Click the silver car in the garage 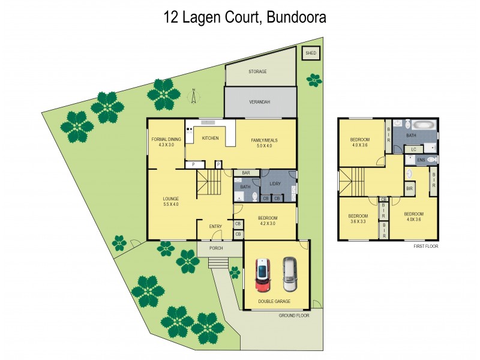point(289,272)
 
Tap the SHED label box point(311,53)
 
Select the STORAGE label point(257,71)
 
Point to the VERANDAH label point(260,102)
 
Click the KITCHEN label point(210,139)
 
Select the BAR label point(246,173)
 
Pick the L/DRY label point(275,184)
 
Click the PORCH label point(216,248)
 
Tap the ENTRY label point(215,226)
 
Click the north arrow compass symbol point(194,94)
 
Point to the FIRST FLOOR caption point(426,246)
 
